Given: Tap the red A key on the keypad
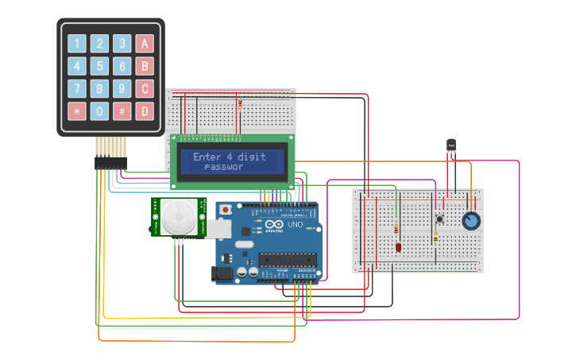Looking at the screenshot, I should (x=145, y=44).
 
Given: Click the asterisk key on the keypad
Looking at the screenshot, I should (x=77, y=111).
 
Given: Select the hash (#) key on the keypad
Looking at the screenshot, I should (x=122, y=111).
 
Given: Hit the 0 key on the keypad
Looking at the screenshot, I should (x=100, y=111).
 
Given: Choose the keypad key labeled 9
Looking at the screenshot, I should (x=122, y=88).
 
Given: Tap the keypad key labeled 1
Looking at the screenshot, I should (x=77, y=44).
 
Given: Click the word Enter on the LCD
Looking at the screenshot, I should (x=207, y=157).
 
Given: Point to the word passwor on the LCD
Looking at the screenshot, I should (x=224, y=167).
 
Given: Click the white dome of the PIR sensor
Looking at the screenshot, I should (x=180, y=216).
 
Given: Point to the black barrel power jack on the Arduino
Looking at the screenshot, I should (x=223, y=274).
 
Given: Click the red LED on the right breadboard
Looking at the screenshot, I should (x=398, y=248).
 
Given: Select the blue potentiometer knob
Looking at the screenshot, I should (x=471, y=220).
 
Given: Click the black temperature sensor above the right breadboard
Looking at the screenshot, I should (x=451, y=145).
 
